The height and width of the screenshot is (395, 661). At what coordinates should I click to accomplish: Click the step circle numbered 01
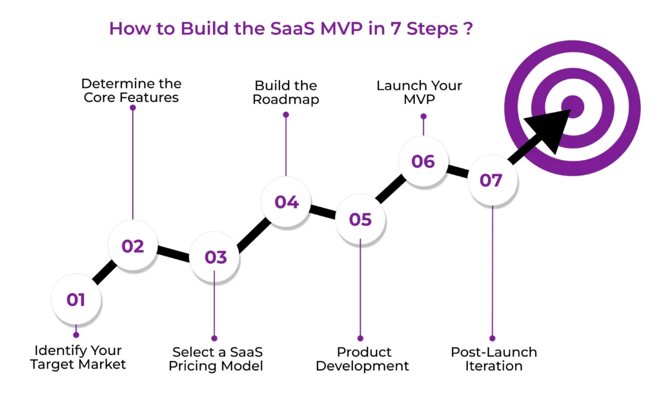pos(76,299)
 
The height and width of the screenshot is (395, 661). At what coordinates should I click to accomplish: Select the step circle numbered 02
pos(132,246)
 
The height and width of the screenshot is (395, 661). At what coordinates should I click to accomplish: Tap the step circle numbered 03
pos(216,258)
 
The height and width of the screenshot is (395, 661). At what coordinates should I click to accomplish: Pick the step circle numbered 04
pos(286,202)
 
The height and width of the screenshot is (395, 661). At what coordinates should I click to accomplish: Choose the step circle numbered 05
pos(360,219)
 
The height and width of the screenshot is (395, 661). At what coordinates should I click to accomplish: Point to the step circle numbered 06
pos(423,161)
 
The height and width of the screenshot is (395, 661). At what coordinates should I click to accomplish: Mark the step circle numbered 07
pos(491,180)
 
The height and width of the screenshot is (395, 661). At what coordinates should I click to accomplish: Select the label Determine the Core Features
pos(131,91)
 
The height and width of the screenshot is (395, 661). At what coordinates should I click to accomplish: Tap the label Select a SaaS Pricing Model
pos(216,360)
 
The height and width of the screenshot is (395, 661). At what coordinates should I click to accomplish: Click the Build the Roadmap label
pos(285,92)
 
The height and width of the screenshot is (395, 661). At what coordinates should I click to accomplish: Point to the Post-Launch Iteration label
pos(494,360)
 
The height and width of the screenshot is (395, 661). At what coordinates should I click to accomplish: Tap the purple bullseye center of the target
pos(572,105)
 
